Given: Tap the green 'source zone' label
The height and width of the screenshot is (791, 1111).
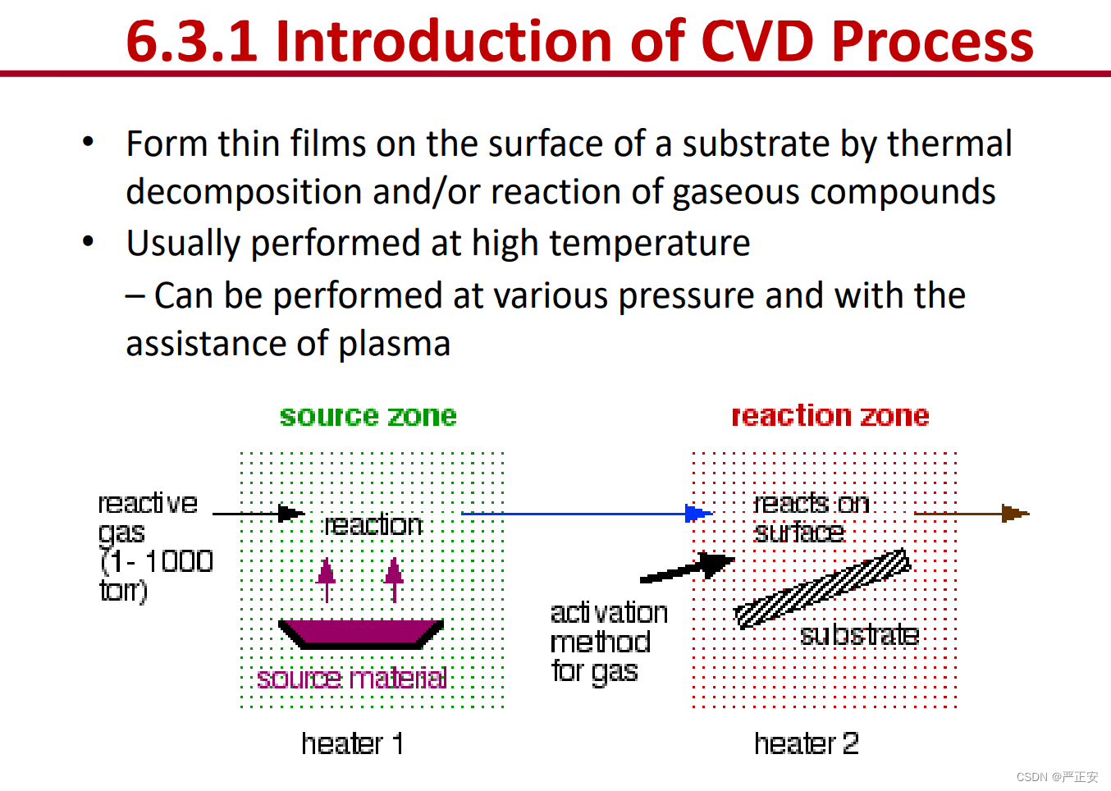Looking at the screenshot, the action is pos(368,415).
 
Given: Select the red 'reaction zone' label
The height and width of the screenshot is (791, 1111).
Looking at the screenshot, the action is pos(830,415).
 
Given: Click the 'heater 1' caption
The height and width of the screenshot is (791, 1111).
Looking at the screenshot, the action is pos(353,743).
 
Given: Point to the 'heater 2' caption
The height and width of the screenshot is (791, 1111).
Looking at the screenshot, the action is pos(807,743).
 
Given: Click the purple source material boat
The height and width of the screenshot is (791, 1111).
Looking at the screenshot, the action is pos(360,634).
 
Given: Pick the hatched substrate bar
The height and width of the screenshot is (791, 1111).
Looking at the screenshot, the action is pos(822,588).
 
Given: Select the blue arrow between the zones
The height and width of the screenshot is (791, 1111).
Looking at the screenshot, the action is pos(587,514).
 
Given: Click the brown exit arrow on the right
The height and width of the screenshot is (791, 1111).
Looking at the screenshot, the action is pos(972,514).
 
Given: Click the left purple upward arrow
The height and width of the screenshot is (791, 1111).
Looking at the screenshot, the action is pos(327,580).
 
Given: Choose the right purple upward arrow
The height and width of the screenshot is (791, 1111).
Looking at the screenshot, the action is pos(395,580).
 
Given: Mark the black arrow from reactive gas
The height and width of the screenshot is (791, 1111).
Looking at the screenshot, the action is pos(258,514).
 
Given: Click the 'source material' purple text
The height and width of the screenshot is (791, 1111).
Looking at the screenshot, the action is pos(352,679).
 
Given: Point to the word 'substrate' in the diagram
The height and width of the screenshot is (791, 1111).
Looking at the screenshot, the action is pos(860,635).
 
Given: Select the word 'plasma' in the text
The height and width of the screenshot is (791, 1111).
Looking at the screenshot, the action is pos(395,344).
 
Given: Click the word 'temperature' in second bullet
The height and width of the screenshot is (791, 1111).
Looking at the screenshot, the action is pos(650,244).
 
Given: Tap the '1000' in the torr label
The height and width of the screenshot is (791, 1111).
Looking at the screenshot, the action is pos(179,561).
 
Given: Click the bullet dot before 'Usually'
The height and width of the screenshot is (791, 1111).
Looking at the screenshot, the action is pos(88,241).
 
